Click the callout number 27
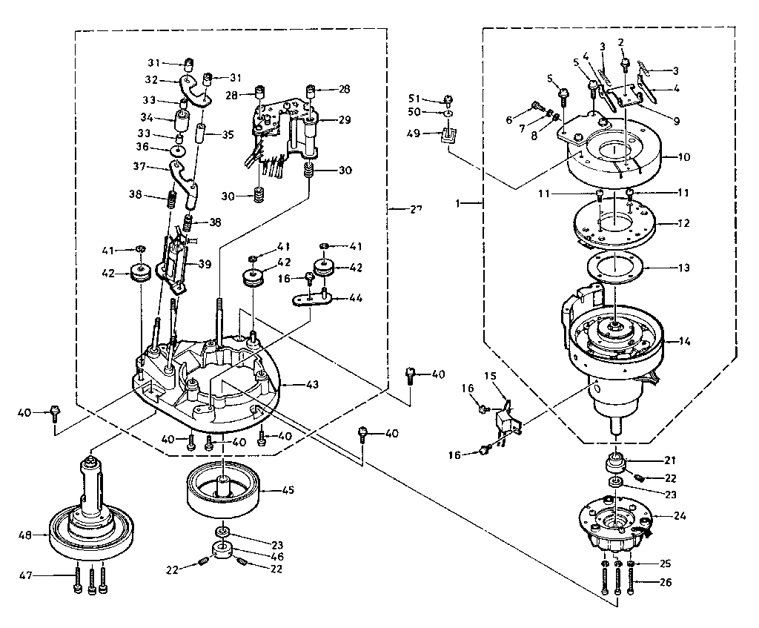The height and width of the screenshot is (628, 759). tap(415, 209)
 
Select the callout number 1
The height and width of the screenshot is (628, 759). tap(461, 202)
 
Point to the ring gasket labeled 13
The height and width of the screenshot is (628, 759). tap(615, 266)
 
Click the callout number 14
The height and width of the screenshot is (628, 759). tap(683, 341)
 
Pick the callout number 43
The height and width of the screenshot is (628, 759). tap(312, 384)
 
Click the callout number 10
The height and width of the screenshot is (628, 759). tap(683, 156)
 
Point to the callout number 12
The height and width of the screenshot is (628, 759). tap(683, 222)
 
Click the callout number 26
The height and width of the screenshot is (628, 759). tap(665, 583)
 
